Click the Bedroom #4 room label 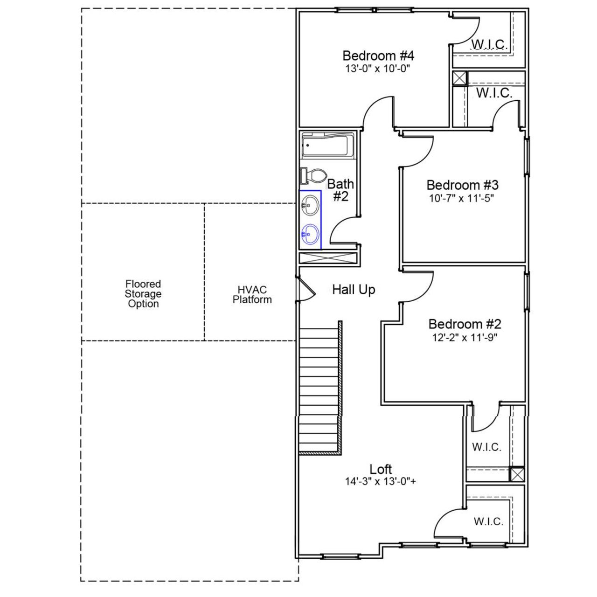[378, 56]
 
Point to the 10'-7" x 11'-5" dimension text [461, 198]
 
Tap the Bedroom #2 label [465, 324]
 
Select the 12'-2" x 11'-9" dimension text [465, 337]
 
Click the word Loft [381, 469]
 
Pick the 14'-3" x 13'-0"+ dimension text [381, 481]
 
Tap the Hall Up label [354, 290]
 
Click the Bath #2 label [340, 190]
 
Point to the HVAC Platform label [252, 295]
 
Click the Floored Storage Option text [143, 294]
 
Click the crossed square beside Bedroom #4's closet [459, 78]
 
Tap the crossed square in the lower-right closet [517, 474]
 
